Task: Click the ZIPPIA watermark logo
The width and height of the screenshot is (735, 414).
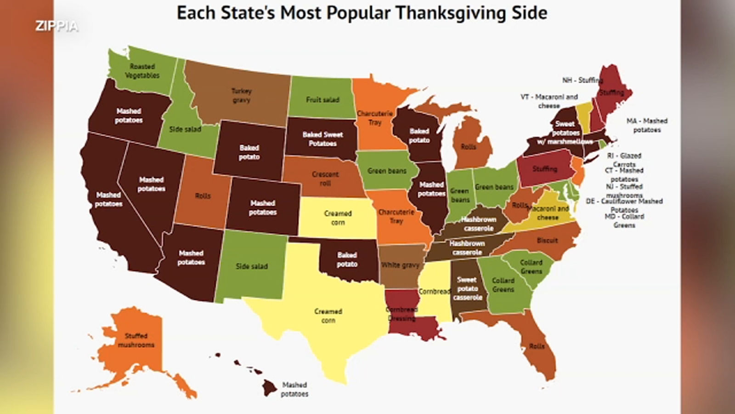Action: (57, 26)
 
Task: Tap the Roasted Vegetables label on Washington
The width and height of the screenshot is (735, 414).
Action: (142, 71)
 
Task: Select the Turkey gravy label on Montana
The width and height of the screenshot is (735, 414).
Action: (241, 95)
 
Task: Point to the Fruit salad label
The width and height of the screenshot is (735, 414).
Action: (322, 99)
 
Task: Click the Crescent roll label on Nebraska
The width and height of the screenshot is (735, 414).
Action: (325, 178)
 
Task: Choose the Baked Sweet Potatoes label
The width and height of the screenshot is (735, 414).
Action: (322, 139)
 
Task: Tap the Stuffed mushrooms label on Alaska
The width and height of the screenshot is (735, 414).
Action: (136, 340)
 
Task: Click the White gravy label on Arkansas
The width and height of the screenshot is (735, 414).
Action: (400, 265)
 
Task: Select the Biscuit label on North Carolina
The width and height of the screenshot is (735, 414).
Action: (547, 240)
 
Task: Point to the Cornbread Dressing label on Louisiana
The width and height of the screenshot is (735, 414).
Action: (401, 314)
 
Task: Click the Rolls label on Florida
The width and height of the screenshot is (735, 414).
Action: (537, 346)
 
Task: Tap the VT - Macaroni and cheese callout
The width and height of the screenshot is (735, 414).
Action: (549, 101)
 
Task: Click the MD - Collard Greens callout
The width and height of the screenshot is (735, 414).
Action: (624, 221)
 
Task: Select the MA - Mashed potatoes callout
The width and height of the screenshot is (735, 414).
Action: (647, 125)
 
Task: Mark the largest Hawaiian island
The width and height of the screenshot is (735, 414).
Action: (270, 387)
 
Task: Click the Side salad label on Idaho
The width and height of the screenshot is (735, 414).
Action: (185, 129)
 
